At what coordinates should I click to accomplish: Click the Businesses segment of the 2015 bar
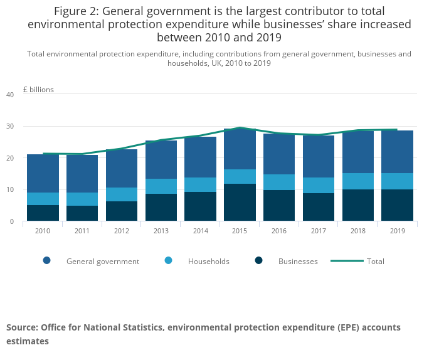pos(240,202)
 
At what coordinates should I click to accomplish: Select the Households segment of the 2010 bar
pos(43,199)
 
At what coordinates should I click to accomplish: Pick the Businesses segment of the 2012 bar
pos(122,211)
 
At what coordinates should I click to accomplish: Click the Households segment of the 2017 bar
pos(319,185)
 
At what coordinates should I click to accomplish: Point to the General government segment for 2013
pos(161,160)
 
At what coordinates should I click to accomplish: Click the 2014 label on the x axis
pos(201,230)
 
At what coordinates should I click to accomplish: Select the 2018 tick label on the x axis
pos(359,230)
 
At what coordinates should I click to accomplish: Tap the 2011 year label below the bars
pos(82,230)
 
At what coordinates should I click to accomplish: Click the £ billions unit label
pos(38,90)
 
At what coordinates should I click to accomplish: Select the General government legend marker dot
pos(46,261)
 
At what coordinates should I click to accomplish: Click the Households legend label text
pos(209,261)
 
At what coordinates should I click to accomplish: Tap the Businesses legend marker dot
pos(259,261)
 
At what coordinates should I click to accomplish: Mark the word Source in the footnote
pos(22,327)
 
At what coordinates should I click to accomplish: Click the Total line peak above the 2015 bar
pos(240,127)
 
